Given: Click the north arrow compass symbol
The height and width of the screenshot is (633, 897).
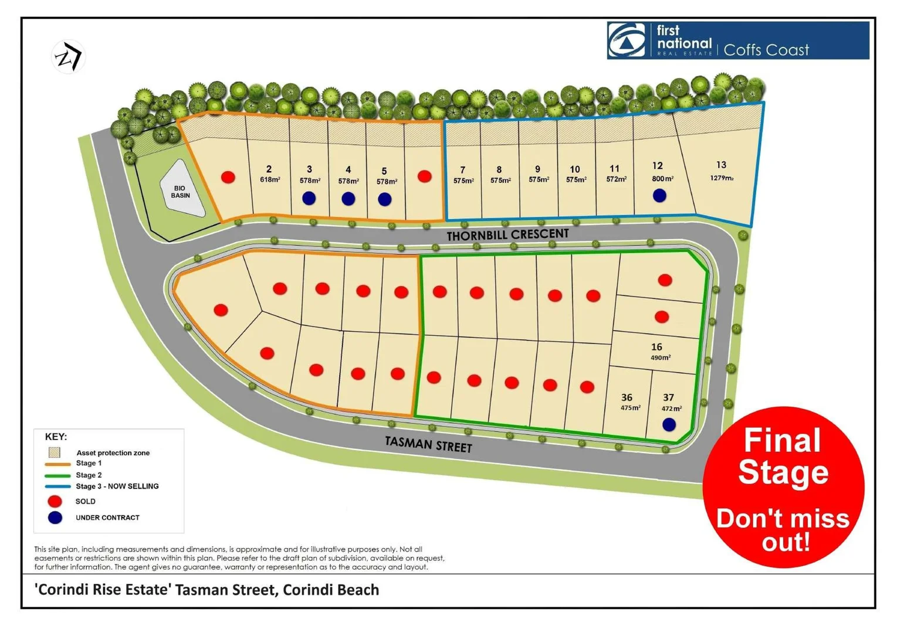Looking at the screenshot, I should pos(68,57).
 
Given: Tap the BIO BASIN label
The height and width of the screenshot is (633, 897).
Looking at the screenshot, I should pos(180,192).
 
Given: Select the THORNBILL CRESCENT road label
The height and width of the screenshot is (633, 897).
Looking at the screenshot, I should pos(507,234).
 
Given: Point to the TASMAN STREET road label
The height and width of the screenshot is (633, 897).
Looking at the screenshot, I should pos(428,444).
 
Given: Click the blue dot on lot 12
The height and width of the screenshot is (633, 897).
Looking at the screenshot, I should pos(659,195).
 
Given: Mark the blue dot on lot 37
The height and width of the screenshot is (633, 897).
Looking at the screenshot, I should pos(669,424).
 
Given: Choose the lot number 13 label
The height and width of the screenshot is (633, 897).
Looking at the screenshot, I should pos(721,165).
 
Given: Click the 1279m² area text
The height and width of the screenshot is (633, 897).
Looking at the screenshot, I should pos(722,178).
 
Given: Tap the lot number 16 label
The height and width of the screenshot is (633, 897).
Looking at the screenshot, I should pos(656,346).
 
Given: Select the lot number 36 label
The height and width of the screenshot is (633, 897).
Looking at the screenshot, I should pos(627,397).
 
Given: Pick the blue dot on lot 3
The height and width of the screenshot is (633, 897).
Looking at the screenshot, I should pos(309,198).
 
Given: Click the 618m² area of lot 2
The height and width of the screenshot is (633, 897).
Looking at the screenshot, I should pos(270,179).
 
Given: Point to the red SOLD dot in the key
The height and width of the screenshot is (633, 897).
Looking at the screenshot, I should pos(55,501).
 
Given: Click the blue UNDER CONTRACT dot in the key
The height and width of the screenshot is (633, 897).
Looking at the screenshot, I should pos(55,518).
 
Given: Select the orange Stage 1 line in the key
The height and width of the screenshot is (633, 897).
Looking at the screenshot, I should pos(57,464).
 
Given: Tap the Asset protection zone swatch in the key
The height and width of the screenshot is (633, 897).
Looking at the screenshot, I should pos(55,452).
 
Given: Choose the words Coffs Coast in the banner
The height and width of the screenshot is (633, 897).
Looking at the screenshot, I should pos(766,50).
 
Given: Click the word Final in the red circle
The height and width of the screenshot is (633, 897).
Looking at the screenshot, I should pos(782,441).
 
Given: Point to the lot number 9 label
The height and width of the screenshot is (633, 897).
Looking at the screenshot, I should pos(537,169).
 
